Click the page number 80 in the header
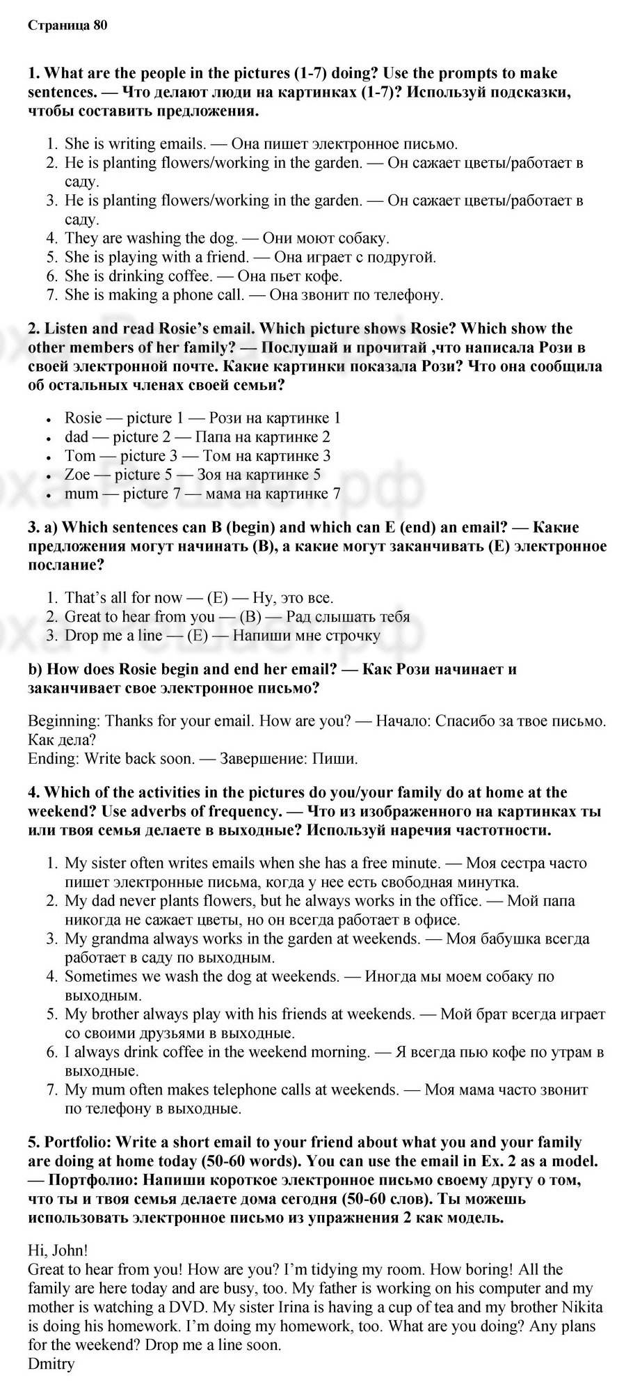(99, 26)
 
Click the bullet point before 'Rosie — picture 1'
(49, 420)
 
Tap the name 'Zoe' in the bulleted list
(77, 475)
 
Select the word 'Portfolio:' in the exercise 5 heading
(78, 1143)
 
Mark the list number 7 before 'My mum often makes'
(51, 1089)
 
